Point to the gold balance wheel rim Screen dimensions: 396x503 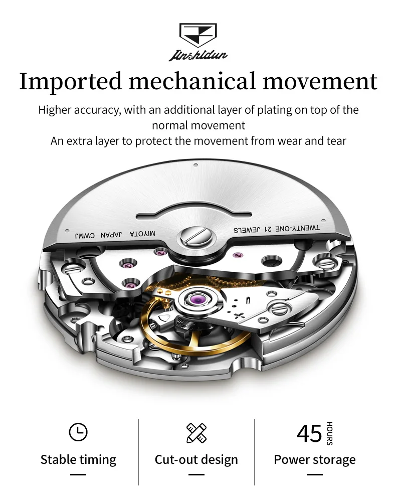(x=150, y=326)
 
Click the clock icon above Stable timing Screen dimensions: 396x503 (x=78, y=432)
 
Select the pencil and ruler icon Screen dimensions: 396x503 (x=196, y=433)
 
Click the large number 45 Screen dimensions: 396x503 (x=309, y=433)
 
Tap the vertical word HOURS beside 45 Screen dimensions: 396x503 (x=329, y=433)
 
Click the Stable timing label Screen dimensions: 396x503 (x=78, y=460)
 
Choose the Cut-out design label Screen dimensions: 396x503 (x=196, y=460)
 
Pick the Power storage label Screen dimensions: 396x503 (x=315, y=460)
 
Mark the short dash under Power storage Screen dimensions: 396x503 (x=315, y=474)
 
